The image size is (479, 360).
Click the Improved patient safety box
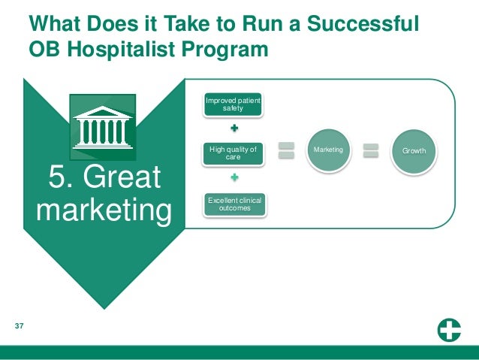pos(233,105)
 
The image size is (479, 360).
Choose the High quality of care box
pos(233,153)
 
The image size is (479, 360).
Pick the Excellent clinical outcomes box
pos(235,204)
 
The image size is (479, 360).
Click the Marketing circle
pos(328,150)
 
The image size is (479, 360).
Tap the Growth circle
pos(414,151)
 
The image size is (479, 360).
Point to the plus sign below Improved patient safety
pos(234,129)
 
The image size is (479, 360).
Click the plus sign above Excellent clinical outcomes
pos(234,178)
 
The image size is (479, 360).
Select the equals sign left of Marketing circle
pos(286,150)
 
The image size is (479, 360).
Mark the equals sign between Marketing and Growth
pos(371,150)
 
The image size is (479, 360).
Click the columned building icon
pos(103,126)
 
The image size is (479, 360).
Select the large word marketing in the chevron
pos(104,210)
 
